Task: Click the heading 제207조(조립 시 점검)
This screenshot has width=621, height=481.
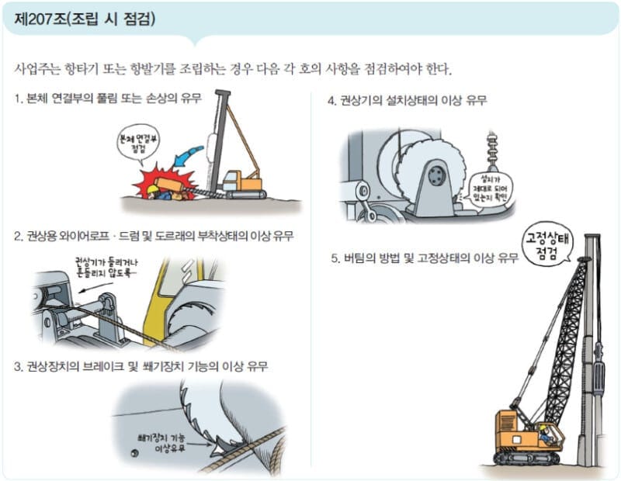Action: [85, 19]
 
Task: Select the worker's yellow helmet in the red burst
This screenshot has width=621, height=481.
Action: [152, 189]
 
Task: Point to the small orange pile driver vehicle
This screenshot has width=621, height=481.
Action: [244, 184]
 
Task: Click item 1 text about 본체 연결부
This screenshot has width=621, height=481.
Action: [108, 98]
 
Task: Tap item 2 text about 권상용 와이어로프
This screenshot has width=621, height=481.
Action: [154, 236]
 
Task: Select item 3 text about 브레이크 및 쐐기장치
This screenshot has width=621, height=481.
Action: [141, 366]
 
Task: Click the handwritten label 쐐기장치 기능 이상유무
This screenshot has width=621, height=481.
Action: [161, 444]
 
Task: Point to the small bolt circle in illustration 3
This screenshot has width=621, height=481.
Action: [134, 453]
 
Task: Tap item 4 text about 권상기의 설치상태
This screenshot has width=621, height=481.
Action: [408, 100]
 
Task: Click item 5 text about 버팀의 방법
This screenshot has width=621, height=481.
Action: [425, 258]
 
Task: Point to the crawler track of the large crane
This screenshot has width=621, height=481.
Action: [526, 459]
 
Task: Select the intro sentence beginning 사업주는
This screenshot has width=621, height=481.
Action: [234, 69]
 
